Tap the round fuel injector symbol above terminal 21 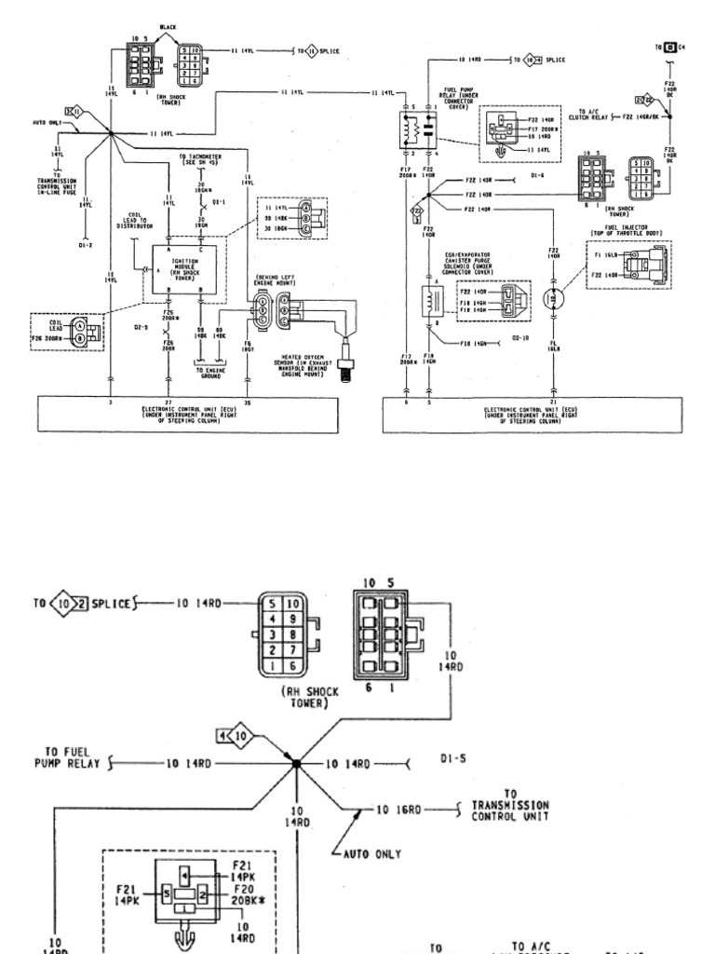click(x=553, y=298)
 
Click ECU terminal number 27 click(x=168, y=402)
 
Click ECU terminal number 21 click(x=553, y=402)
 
